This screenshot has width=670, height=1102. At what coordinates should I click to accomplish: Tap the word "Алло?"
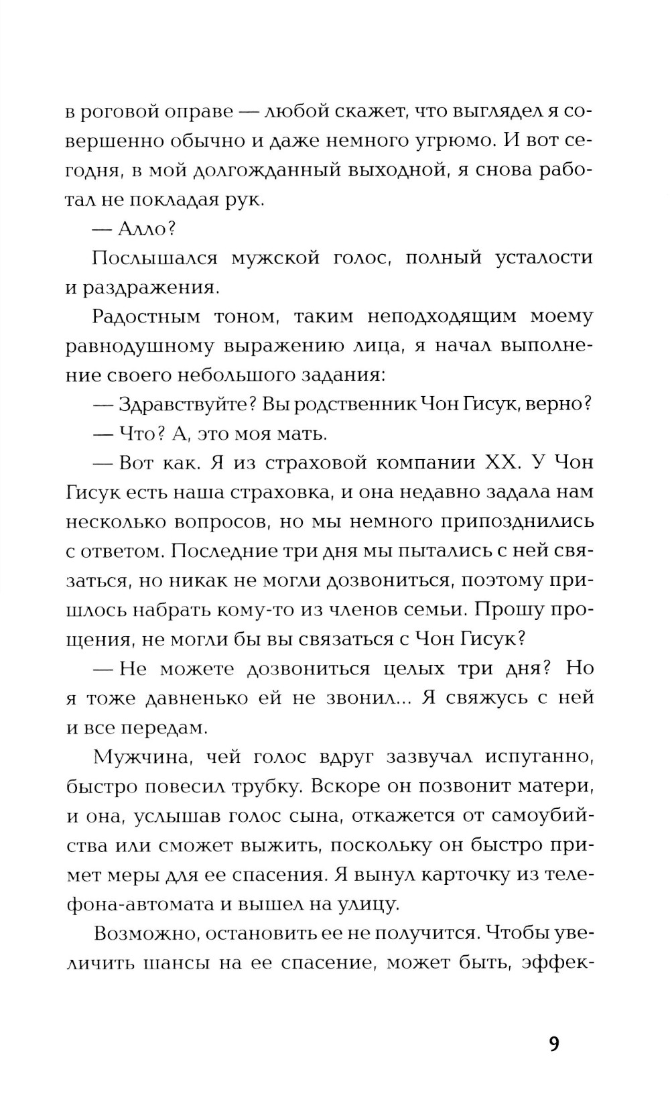pos(146,229)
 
